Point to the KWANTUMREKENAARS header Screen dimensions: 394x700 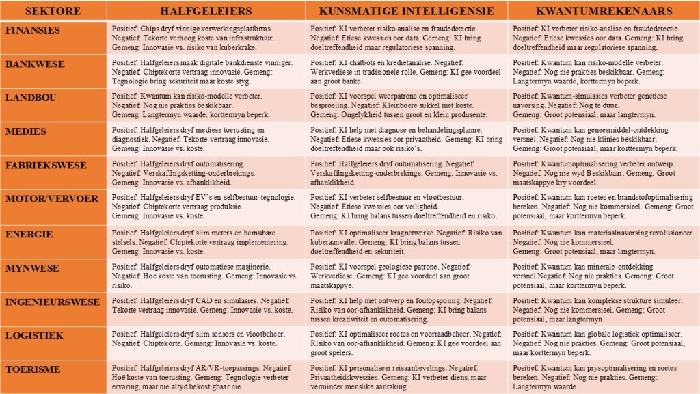(x=604, y=12)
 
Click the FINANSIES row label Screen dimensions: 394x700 (x=33, y=31)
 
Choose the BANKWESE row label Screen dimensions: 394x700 (x=35, y=64)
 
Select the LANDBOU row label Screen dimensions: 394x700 (x=31, y=97)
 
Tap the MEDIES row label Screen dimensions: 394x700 (x=26, y=131)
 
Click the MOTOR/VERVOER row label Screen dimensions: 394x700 (x=51, y=198)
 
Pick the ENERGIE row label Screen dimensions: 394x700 (x=29, y=234)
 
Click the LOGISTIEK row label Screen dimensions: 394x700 (x=36, y=335)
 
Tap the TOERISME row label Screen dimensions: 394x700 (x=33, y=369)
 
